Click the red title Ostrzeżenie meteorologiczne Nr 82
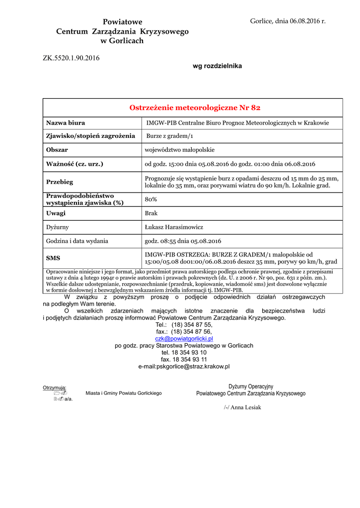pos(195,108)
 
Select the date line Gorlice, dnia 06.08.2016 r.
pos(288,21)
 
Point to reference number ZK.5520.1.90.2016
pos(71,58)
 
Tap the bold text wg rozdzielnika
pos(217,66)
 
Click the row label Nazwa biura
pos(66,123)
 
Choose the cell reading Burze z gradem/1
pos(169,136)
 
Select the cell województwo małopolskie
pos(180,150)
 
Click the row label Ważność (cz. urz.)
pos(74,164)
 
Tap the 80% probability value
pos(151,199)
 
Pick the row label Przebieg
pos(60,182)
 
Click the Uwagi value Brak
pos(151,213)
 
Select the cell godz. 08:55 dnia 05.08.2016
pos(183,241)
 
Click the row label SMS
pos(53,258)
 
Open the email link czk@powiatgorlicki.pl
pos(184,338)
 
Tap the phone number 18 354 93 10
pos(190,352)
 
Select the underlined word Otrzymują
pos(55,387)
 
